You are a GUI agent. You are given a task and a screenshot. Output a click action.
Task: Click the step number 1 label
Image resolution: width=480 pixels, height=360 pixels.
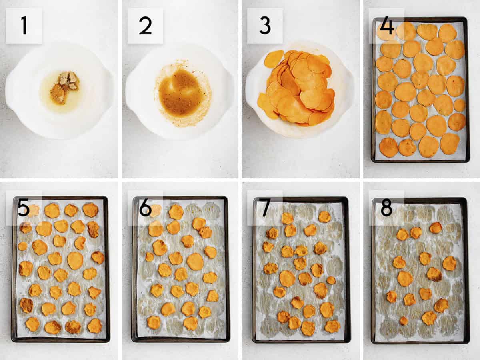point(24,26)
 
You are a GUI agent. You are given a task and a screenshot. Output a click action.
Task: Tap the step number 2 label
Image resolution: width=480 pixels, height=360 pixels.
point(145,26)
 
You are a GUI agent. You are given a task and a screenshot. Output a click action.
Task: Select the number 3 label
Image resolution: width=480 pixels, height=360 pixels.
point(264,26)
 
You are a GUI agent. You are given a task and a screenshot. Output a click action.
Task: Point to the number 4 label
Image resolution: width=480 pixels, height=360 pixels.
point(386,26)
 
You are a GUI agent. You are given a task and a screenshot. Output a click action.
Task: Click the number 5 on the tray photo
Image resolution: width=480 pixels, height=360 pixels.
point(24,208)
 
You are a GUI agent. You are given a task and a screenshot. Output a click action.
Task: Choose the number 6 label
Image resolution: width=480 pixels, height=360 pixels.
point(145,208)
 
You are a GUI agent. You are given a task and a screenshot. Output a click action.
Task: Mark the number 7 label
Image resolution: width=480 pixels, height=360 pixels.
point(265,208)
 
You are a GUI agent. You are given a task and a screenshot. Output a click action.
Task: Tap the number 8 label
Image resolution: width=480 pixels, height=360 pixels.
point(386,208)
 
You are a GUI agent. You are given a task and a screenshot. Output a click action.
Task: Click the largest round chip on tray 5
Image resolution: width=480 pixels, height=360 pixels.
point(75,261)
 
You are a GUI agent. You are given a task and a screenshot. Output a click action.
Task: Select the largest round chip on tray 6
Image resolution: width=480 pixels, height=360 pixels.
point(195,262)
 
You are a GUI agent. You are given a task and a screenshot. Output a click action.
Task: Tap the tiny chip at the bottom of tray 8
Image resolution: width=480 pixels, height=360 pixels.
point(404,320)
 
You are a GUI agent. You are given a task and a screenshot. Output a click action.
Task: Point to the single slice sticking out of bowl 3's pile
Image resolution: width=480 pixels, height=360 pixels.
point(274,59)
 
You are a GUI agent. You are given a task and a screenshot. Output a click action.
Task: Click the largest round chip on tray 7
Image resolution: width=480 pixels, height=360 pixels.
point(287,278)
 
